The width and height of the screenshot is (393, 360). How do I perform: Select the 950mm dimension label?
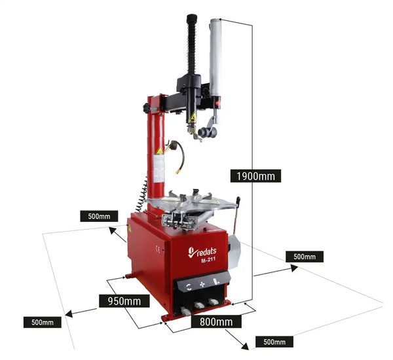click(120, 301)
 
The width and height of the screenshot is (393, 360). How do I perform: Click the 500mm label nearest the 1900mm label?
click(304, 256)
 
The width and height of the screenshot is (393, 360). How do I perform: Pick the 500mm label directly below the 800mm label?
click(274, 342)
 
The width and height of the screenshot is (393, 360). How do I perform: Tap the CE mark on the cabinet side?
click(155, 248)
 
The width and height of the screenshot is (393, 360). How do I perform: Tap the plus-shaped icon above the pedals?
click(202, 285)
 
